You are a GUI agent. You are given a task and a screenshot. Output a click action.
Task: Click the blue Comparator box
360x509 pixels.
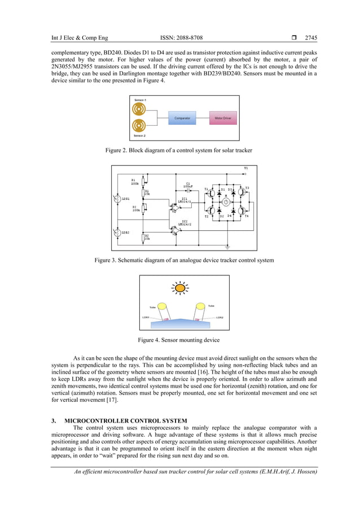tap(182, 119)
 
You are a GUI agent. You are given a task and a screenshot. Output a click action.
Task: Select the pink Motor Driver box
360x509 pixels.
tap(222, 119)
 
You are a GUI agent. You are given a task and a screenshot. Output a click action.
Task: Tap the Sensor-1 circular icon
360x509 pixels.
tap(138, 108)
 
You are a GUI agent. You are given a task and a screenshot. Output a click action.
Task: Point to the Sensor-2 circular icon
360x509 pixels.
tap(138, 127)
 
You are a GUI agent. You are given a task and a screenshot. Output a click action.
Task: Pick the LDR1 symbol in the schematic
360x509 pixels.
tap(117, 199)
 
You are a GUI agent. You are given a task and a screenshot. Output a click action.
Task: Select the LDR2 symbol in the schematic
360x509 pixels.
tap(117, 232)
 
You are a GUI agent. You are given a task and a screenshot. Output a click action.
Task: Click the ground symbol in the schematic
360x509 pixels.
tap(227, 247)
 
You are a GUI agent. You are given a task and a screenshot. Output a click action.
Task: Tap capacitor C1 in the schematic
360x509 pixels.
tap(188, 190)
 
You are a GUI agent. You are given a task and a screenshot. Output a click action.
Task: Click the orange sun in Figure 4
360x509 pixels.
tap(179, 288)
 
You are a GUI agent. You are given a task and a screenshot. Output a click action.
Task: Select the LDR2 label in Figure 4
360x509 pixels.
tap(219, 317)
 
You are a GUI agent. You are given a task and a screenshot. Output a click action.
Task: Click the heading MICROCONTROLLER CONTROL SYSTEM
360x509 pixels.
tap(126, 420)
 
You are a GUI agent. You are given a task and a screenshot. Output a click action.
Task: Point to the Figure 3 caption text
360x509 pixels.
tap(184, 260)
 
